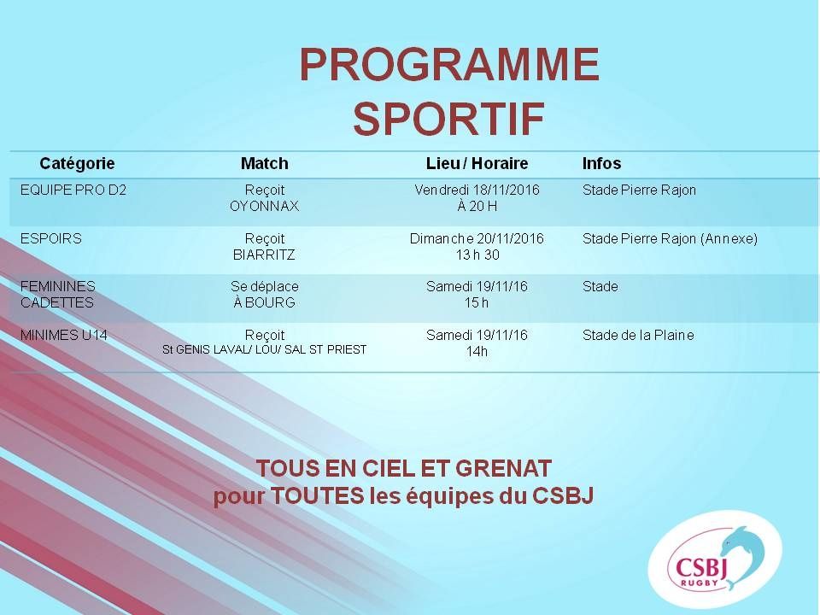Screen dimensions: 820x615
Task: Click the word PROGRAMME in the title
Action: pos(449,64)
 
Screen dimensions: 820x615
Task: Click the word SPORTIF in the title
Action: pos(449,119)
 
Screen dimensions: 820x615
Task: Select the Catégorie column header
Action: pos(77,164)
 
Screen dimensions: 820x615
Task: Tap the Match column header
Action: pos(264,163)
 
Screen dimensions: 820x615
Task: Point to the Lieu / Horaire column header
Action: pos(477,163)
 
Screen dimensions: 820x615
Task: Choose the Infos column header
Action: pos(601,163)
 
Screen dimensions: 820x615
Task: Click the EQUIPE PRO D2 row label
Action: pos(73,190)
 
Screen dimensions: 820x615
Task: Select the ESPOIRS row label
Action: pos(50,238)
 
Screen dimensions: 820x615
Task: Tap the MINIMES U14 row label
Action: pos(64,335)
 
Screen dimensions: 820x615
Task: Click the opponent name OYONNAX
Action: pos(264,206)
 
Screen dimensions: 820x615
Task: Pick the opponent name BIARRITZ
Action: pos(264,255)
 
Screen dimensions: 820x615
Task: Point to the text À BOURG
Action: pos(264,302)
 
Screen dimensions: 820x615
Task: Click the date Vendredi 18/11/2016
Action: pos(477,190)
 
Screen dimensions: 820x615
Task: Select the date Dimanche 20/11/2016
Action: pos(477,238)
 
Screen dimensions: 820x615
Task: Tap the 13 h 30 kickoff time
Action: pos(477,255)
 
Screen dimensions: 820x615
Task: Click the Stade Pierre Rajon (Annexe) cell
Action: pos(670,239)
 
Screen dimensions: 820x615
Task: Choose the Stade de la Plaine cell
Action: pos(638,335)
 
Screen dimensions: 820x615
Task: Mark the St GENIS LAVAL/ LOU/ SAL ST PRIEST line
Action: pos(264,349)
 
